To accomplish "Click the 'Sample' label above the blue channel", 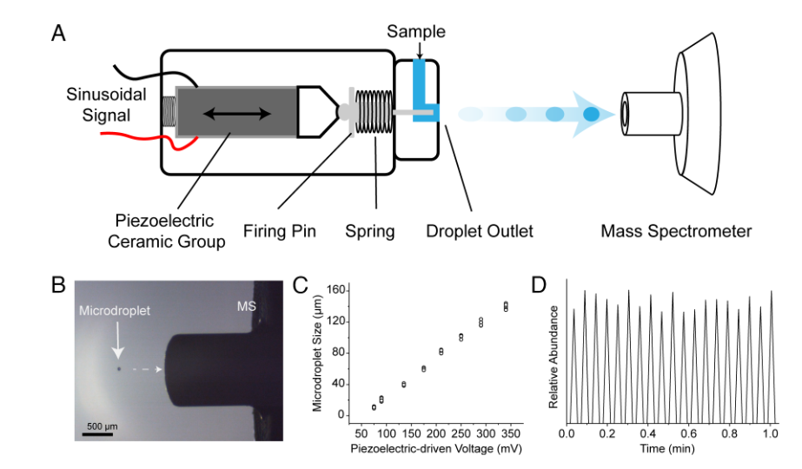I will coord(417,33).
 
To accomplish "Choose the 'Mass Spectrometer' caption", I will coord(676,232).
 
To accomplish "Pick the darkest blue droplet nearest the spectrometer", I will coord(592,114).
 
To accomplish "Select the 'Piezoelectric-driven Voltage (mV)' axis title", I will coord(430,449).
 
